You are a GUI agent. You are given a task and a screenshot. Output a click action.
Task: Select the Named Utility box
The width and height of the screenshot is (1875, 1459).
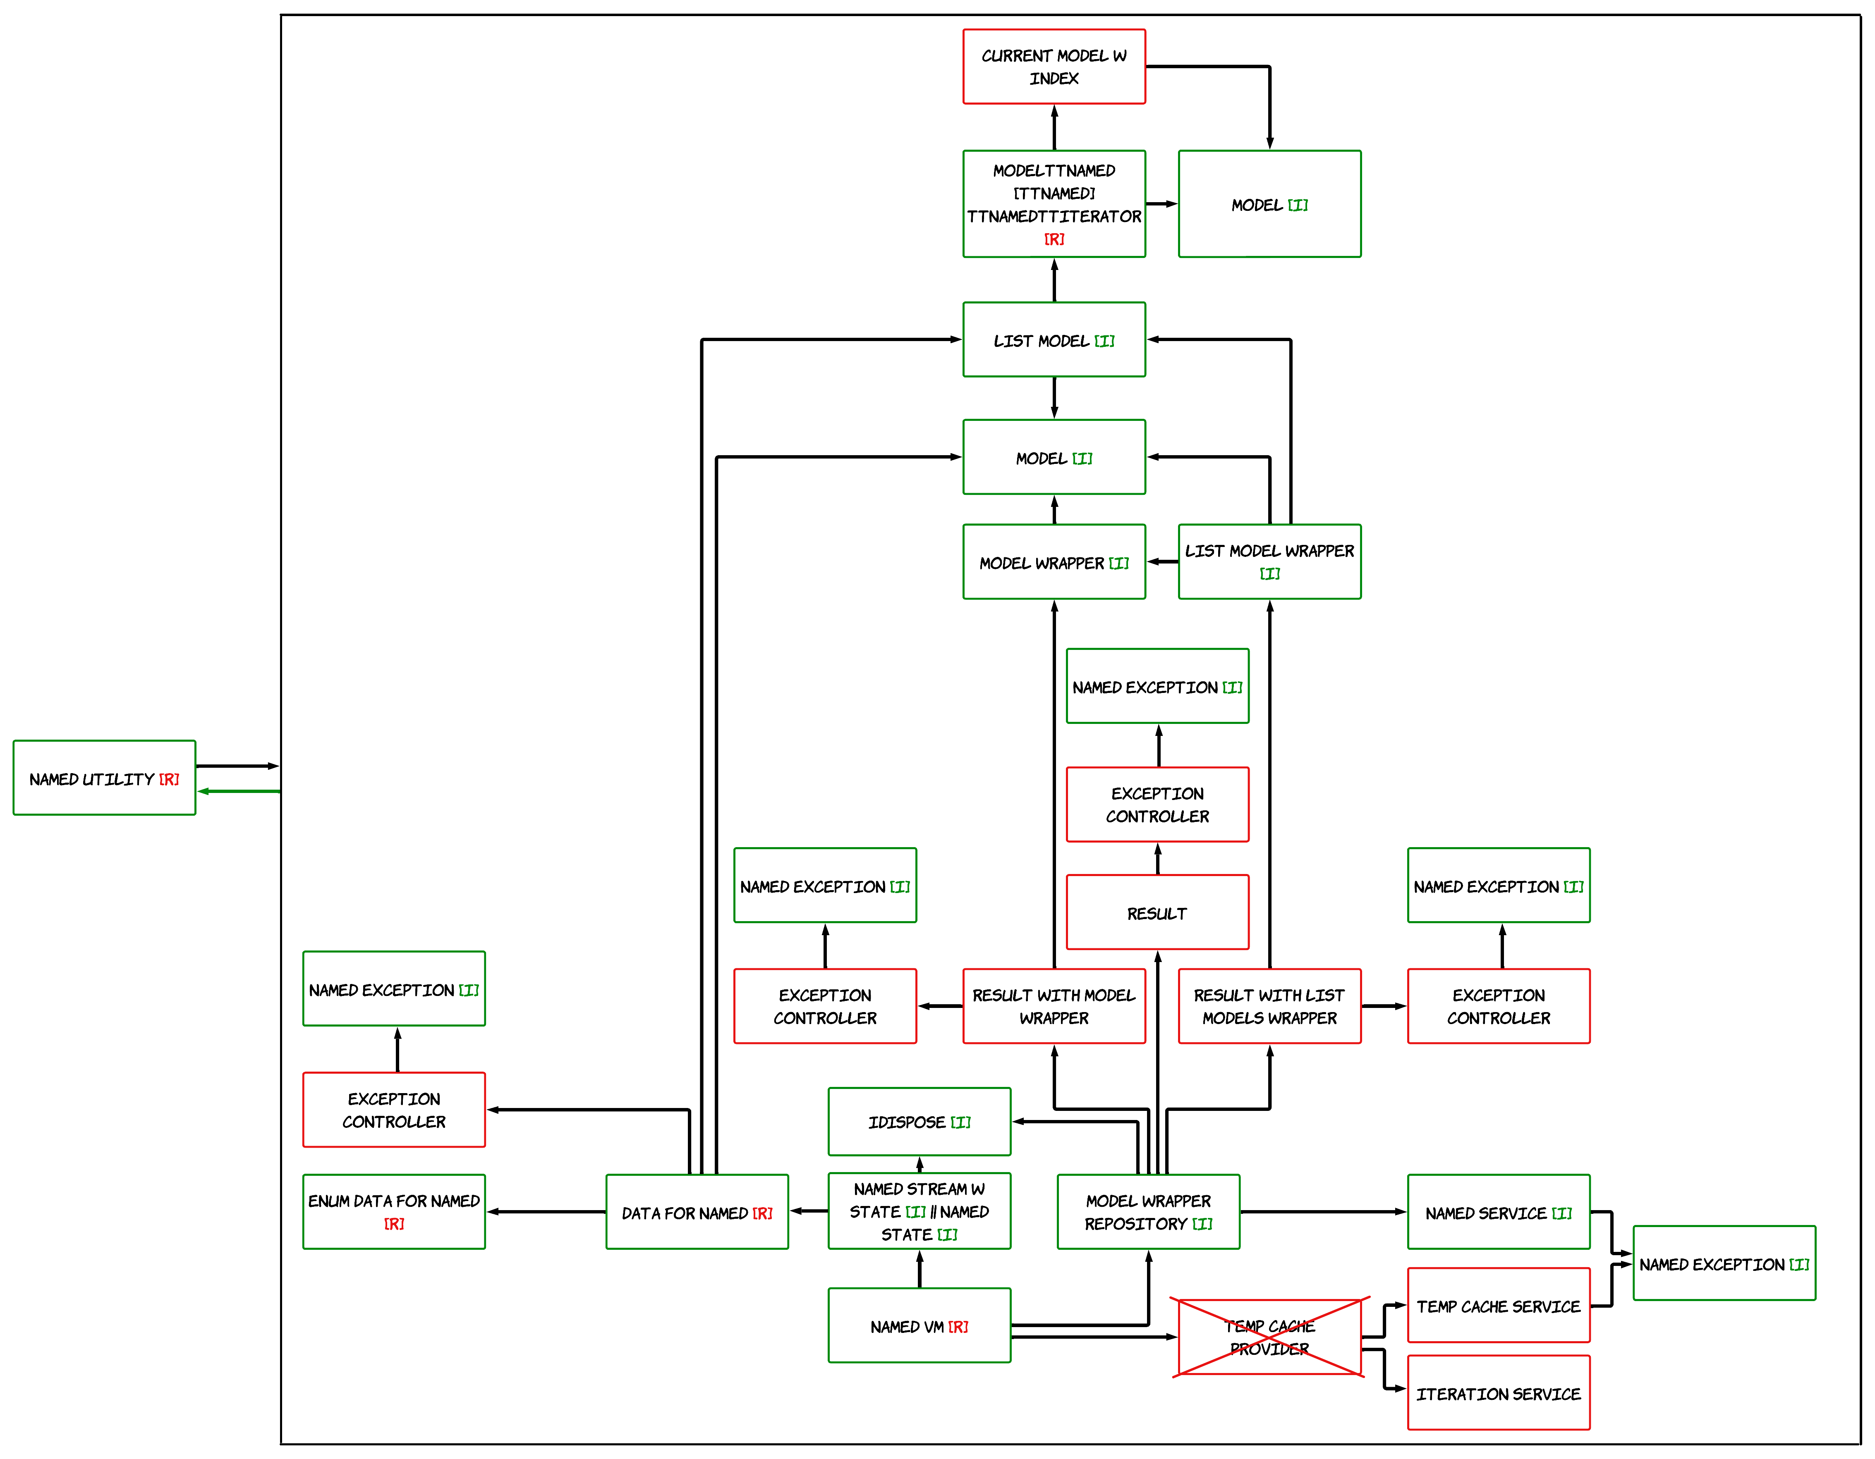104,778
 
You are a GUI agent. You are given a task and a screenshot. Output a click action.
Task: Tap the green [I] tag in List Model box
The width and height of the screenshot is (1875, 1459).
1104,341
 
